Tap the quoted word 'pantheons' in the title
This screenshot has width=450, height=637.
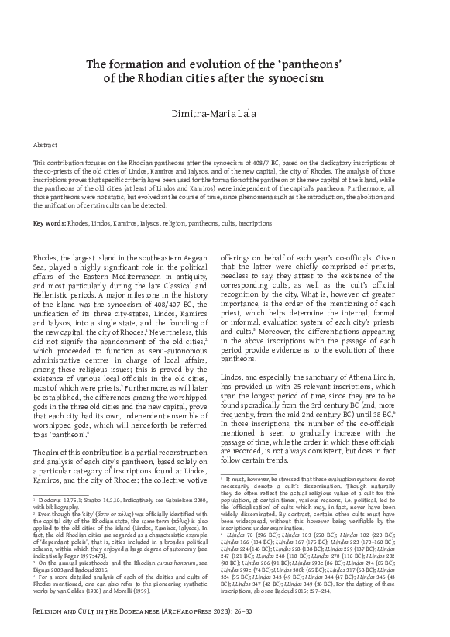[320, 64]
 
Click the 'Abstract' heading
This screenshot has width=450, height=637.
[45, 145]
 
